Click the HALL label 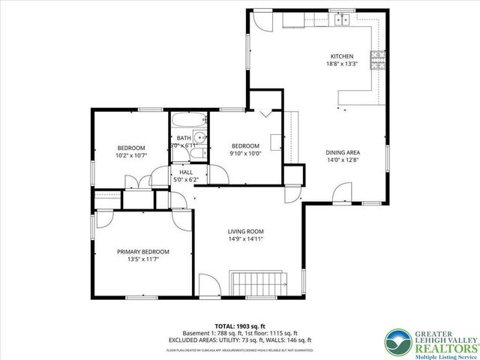185,172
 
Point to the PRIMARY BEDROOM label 142,251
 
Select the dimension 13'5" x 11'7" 142,259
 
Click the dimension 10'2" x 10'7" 131,156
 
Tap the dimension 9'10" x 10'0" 245,154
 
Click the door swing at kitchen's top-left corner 260,19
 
